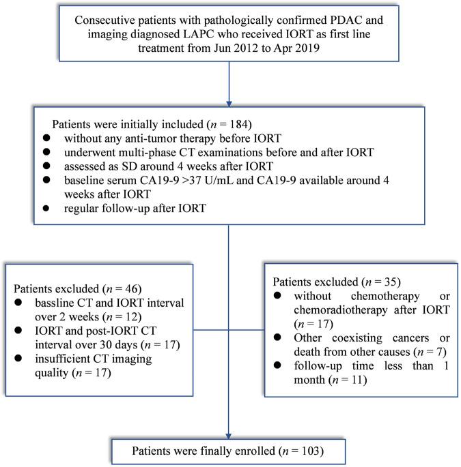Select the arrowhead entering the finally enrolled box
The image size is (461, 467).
click(x=230, y=436)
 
